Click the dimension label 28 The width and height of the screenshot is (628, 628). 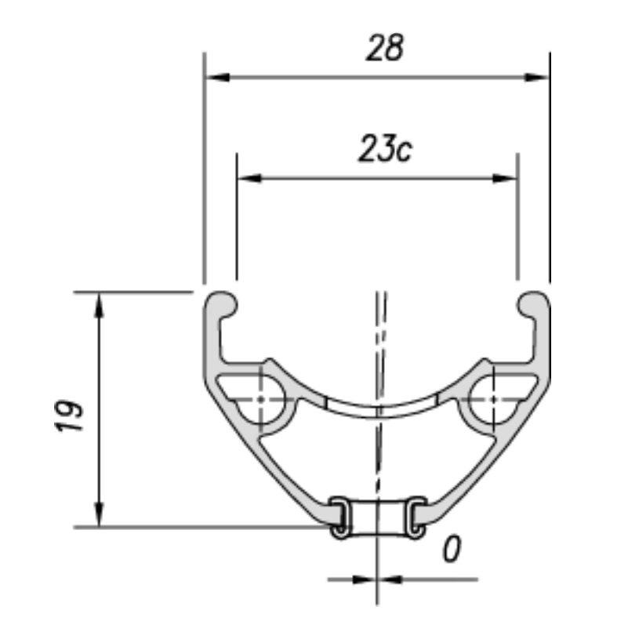tap(385, 48)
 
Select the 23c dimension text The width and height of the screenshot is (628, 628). tap(385, 148)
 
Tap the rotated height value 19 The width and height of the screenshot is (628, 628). tap(69, 416)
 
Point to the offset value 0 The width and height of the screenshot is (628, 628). tap(452, 549)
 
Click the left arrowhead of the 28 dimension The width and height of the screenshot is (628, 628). tap(217, 78)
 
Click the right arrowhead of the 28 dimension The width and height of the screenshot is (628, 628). tap(537, 78)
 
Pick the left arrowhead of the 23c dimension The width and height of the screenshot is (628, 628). tap(249, 178)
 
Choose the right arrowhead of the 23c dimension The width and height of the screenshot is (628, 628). tap(505, 178)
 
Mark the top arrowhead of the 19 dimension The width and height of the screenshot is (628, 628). tap(99, 305)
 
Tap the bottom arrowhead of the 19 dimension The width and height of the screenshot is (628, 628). tap(99, 514)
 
